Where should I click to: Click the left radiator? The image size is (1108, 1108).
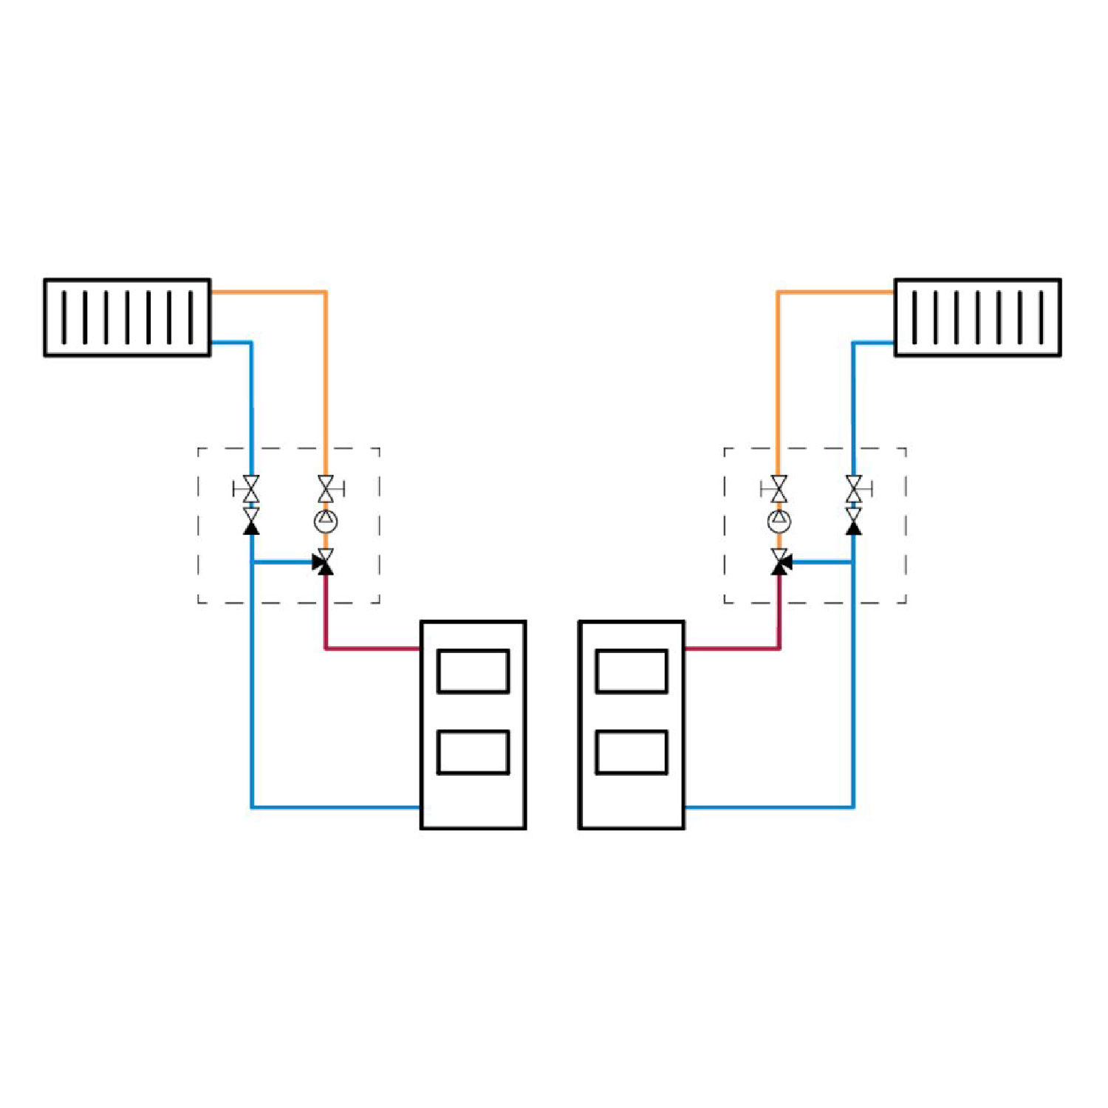pos(127,318)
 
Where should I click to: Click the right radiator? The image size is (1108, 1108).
pos(977,318)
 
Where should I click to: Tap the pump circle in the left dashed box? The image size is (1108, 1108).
pos(325,521)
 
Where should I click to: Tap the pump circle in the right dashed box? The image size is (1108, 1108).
pos(779,521)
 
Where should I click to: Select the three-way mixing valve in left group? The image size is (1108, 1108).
pos(324,563)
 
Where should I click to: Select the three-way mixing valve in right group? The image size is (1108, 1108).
pos(781,563)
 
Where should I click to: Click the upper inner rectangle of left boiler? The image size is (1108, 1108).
pos(473,671)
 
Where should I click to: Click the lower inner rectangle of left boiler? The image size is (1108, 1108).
pos(473,752)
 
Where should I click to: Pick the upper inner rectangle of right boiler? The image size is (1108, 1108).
pos(632,671)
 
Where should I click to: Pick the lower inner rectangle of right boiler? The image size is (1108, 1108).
pos(632,752)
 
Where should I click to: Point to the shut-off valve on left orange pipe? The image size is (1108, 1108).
pos(326,489)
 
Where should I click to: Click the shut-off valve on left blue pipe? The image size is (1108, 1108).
pos(251,489)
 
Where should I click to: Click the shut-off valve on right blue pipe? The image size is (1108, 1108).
pos(854,489)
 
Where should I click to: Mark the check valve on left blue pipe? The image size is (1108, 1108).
pos(251,521)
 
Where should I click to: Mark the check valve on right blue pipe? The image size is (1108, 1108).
pos(854,521)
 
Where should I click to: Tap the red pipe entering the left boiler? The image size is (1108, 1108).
pos(373,649)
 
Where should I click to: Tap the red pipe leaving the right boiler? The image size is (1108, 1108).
pos(731,649)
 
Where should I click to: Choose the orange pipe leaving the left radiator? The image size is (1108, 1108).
pos(270,293)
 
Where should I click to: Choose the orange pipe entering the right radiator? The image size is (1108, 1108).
pos(835,293)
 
